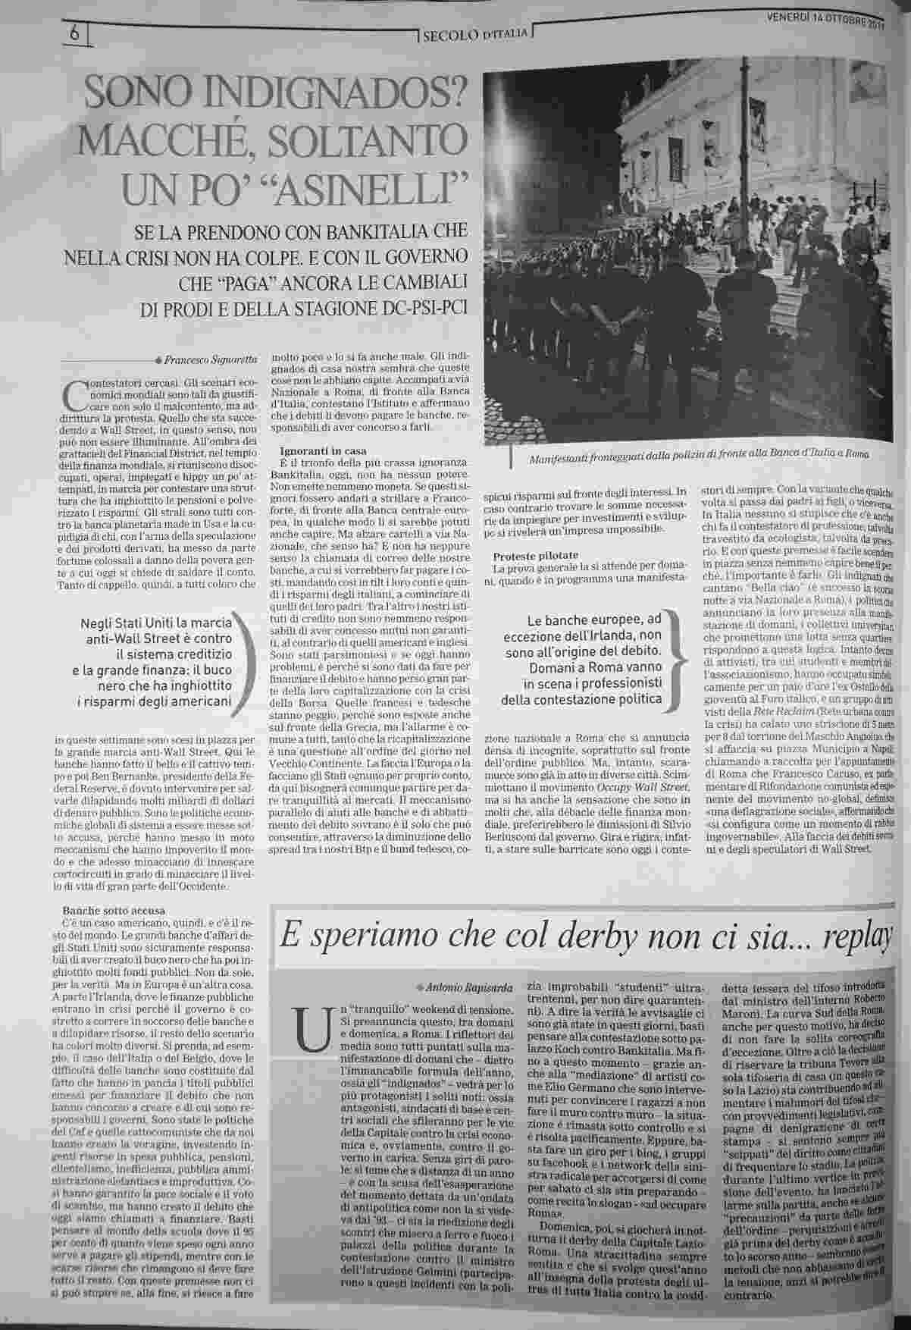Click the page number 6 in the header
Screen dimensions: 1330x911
(74, 33)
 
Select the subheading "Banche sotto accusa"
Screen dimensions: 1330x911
(114, 910)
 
